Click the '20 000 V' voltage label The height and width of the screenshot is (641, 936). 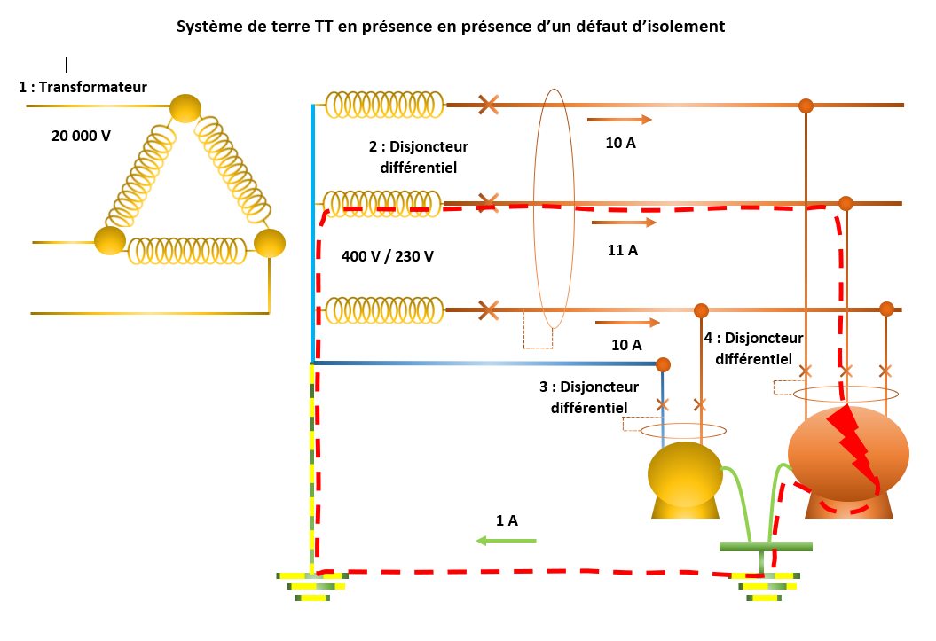(82, 136)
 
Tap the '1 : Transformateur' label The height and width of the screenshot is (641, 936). (83, 87)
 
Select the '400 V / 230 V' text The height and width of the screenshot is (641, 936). (388, 256)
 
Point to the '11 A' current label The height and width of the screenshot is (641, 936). (623, 251)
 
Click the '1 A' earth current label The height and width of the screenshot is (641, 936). (507, 520)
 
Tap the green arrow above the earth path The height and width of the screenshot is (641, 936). (506, 540)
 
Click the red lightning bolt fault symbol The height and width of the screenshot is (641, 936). (852, 443)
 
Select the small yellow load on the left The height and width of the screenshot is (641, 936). (685, 479)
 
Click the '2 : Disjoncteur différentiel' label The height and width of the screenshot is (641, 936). (418, 155)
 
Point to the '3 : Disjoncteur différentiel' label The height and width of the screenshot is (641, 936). (589, 397)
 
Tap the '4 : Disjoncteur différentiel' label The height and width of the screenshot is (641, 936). (753, 348)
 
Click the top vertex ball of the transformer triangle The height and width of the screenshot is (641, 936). (186, 108)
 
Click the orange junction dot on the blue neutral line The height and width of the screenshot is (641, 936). (663, 364)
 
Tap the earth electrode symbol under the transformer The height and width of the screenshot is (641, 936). (311, 585)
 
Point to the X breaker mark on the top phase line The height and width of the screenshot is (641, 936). (487, 105)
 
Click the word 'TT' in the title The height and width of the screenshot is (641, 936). (325, 27)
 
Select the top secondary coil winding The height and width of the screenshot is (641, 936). (384, 105)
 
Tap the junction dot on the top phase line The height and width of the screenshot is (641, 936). (806, 106)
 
